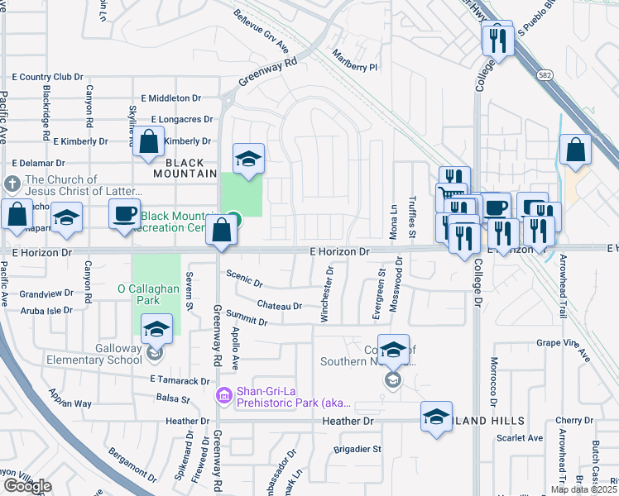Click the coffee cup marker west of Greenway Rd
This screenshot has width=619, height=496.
pyautogui.click(x=124, y=213)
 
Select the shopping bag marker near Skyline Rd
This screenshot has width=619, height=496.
pyautogui.click(x=149, y=141)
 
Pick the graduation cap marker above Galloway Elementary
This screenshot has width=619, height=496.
pyautogui.click(x=155, y=329)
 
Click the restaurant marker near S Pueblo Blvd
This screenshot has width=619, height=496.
pyautogui.click(x=497, y=37)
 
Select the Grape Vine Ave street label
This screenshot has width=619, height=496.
pyautogui.click(x=562, y=349)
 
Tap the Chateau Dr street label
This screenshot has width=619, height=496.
pyautogui.click(x=280, y=306)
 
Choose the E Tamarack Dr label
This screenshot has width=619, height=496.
pyautogui.click(x=180, y=380)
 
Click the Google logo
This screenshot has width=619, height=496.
pyautogui.click(x=26, y=486)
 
